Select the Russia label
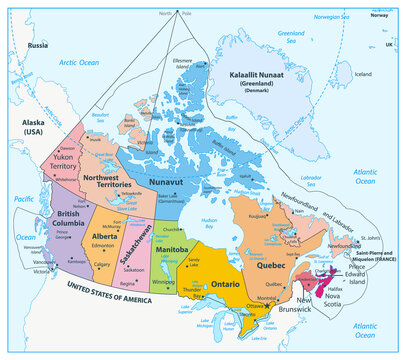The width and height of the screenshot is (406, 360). click(x=38, y=46)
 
